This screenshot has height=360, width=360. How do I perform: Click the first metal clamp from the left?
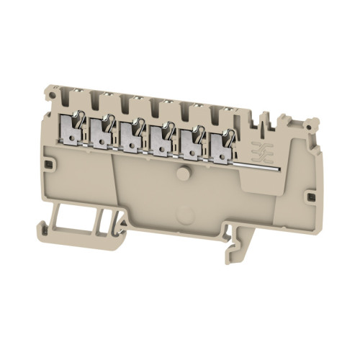tap(71, 128)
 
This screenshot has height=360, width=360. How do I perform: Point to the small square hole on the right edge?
tap(311, 197)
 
